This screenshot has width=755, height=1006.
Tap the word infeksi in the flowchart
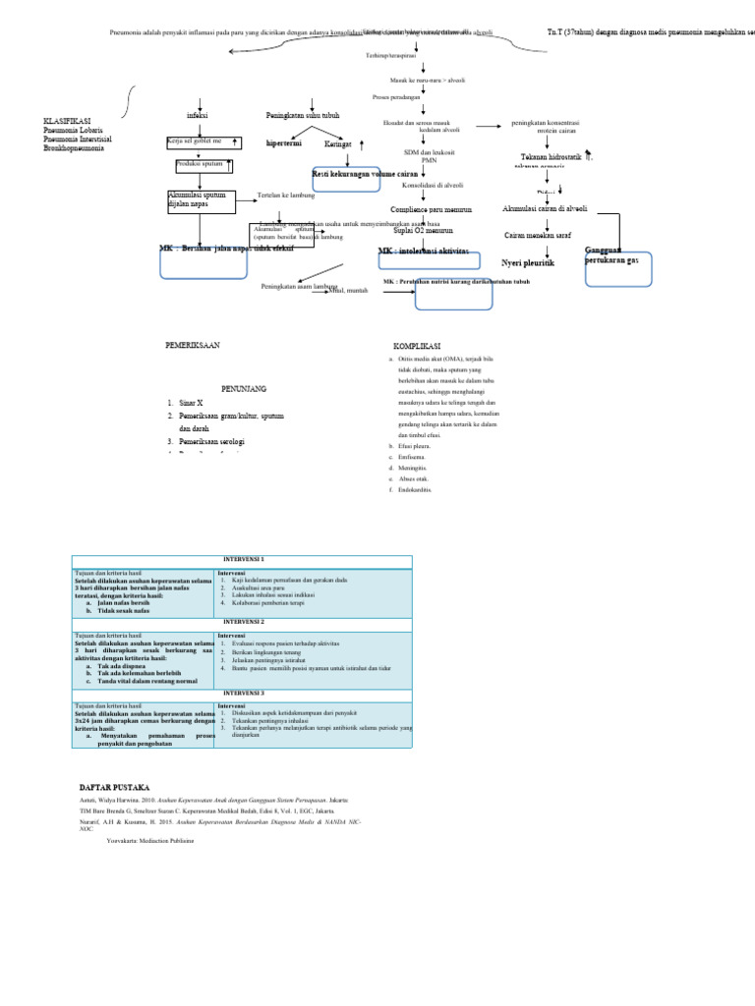click(198, 116)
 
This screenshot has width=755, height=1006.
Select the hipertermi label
click(283, 143)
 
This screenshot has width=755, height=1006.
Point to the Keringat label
click(339, 143)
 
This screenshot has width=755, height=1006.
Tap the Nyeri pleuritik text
click(528, 263)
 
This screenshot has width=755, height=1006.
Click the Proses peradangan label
click(396, 97)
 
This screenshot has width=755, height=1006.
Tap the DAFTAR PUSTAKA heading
click(114, 788)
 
